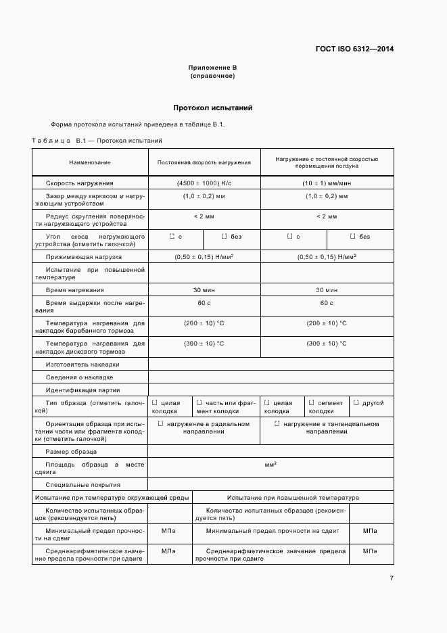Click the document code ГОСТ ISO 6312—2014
(x=354, y=49)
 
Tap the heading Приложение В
(x=212, y=68)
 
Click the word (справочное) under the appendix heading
(x=212, y=76)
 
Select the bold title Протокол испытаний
(x=212, y=108)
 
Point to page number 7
(x=392, y=578)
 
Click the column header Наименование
(x=89, y=162)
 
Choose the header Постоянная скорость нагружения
(x=204, y=162)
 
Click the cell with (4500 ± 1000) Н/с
(x=204, y=183)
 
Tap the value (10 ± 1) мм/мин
(x=327, y=183)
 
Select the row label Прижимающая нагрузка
(x=84, y=258)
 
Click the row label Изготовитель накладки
(x=83, y=364)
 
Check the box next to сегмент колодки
(x=311, y=403)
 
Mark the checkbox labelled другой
(x=356, y=403)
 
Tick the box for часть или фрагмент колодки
(x=199, y=403)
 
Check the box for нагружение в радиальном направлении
(x=161, y=424)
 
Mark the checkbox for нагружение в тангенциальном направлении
(x=277, y=424)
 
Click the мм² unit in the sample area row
(x=270, y=465)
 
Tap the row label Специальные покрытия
(x=83, y=484)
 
